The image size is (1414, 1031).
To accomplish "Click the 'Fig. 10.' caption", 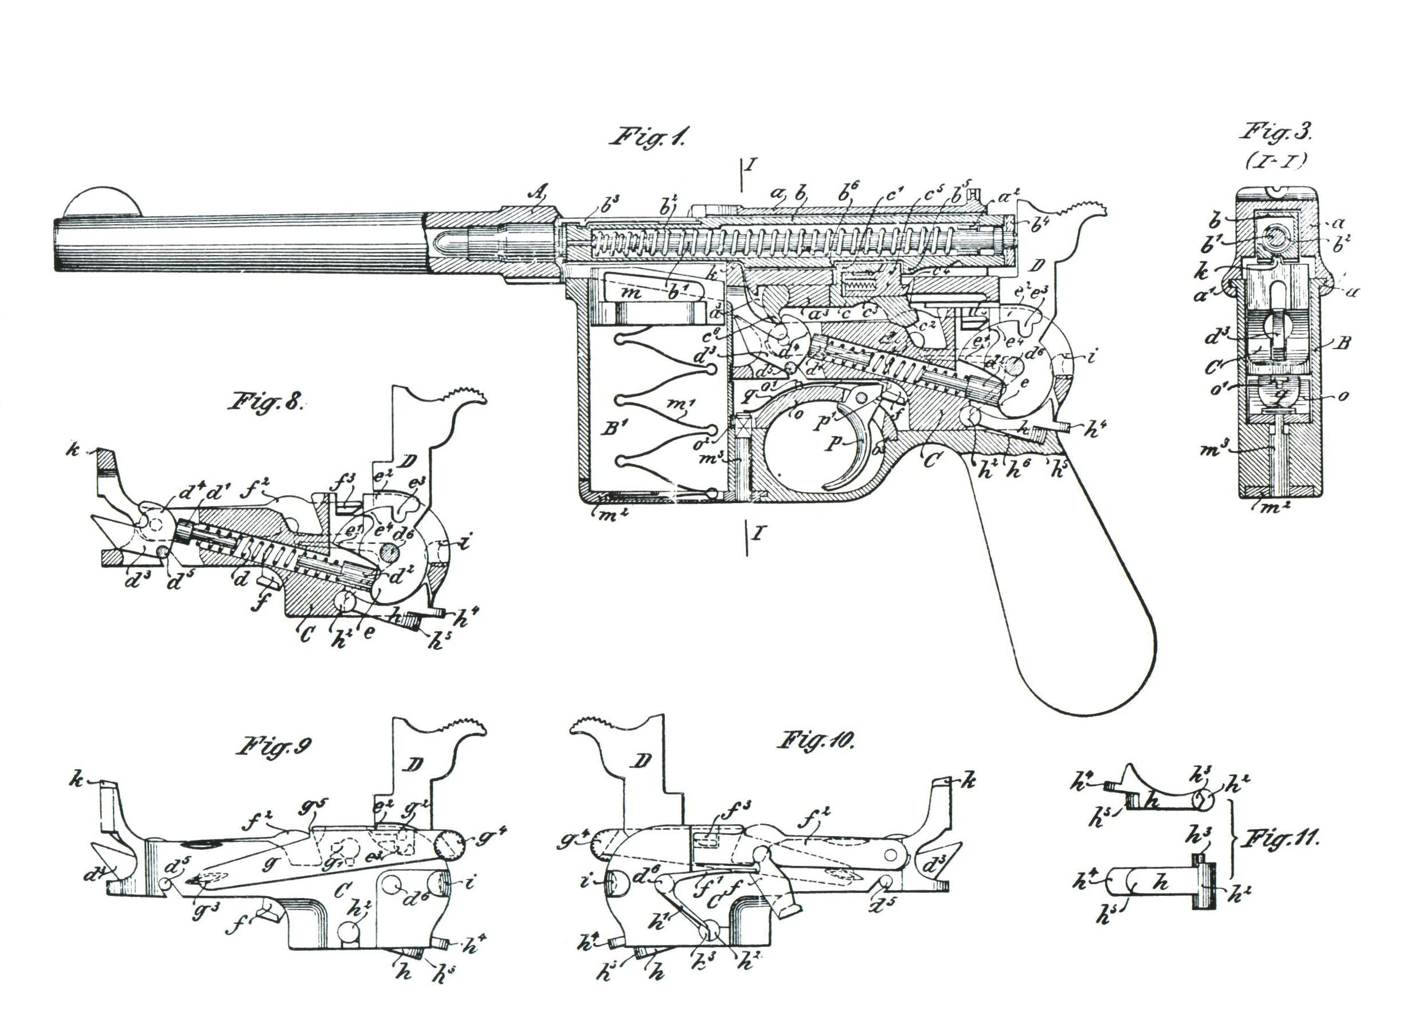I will click(x=816, y=742).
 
